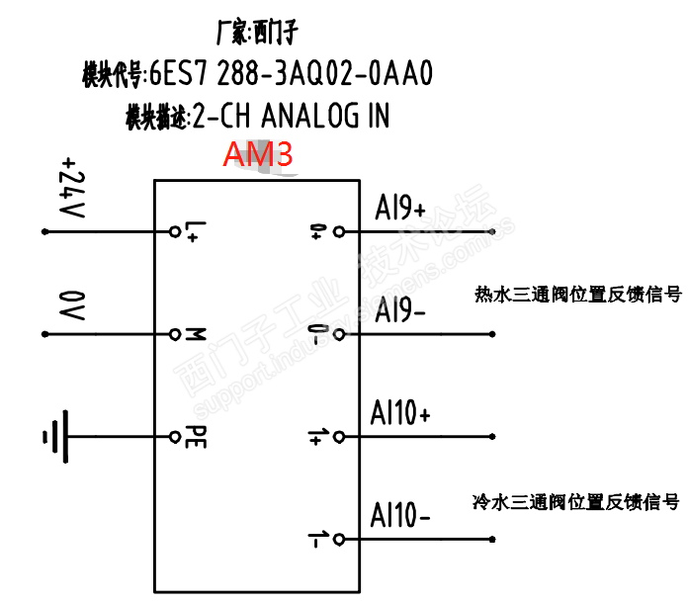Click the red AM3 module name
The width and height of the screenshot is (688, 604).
pyautogui.click(x=257, y=156)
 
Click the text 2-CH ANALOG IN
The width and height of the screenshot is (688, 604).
pyautogui.click(x=291, y=118)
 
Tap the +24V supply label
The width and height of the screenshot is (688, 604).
pyautogui.click(x=71, y=189)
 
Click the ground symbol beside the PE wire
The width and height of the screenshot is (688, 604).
pyautogui.click(x=55, y=436)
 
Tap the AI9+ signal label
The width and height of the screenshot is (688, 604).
pyautogui.click(x=400, y=210)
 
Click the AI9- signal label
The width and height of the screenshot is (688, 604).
pyautogui.click(x=400, y=310)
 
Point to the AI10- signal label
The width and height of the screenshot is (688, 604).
pyautogui.click(x=400, y=515)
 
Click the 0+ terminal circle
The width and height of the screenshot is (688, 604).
pyautogui.click(x=339, y=232)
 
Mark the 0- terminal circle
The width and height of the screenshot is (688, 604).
pyautogui.click(x=339, y=334)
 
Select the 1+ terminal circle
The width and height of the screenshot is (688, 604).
pyautogui.click(x=339, y=436)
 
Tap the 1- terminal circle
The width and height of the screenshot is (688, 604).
pyautogui.click(x=339, y=539)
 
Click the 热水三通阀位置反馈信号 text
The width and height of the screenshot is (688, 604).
pyautogui.click(x=577, y=294)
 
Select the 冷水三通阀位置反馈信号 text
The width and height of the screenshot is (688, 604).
pyautogui.click(x=575, y=501)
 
